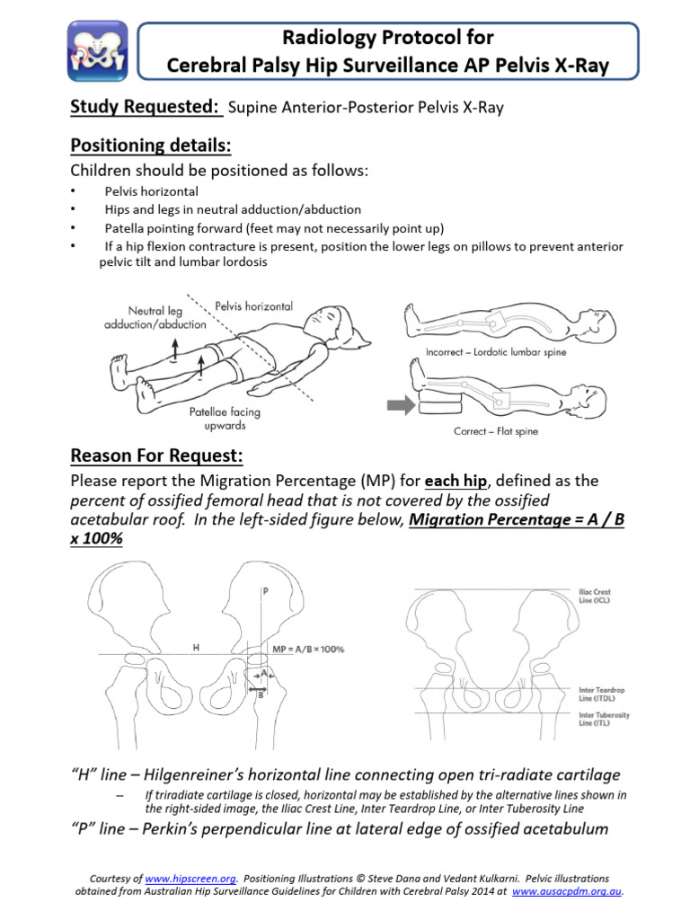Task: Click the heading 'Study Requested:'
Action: (x=146, y=108)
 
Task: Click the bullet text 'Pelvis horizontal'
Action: (x=151, y=191)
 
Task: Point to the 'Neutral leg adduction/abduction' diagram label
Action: (x=143, y=317)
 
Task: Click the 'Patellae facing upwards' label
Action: (x=224, y=418)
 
